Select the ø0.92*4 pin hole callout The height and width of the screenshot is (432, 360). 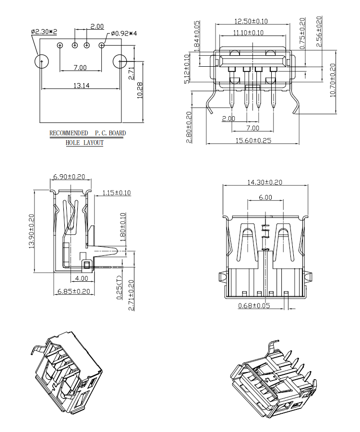[x=124, y=34]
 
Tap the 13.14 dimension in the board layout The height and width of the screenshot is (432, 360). [x=80, y=85]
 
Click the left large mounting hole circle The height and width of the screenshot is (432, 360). [x=42, y=61]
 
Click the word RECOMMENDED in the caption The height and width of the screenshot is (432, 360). [x=69, y=133]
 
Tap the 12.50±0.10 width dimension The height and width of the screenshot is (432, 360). [x=251, y=21]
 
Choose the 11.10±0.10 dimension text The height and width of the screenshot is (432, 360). [x=248, y=33]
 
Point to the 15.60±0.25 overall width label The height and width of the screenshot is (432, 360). [x=253, y=140]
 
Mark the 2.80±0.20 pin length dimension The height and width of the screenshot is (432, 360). [x=189, y=127]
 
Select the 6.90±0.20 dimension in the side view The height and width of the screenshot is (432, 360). [x=69, y=177]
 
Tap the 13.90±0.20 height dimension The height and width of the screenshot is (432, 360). [x=32, y=231]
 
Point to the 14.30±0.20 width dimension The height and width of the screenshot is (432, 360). [x=264, y=182]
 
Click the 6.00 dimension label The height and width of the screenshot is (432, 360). [x=264, y=197]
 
